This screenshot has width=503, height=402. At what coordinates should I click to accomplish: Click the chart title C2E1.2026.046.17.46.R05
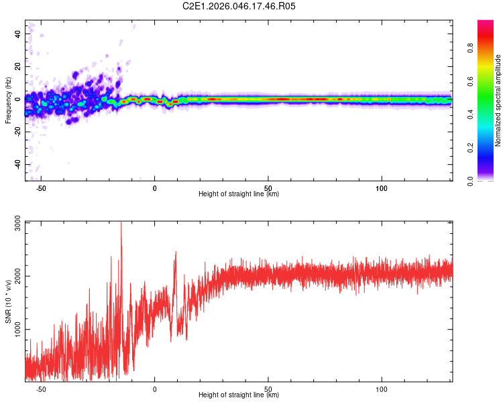pos(239,6)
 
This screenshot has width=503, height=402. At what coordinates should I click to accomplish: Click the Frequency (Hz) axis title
pos(8,100)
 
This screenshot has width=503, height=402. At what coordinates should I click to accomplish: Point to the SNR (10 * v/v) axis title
pos(8,301)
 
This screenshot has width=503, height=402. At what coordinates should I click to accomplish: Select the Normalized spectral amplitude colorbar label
pos(498,100)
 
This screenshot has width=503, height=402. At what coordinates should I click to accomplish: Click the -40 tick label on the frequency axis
pos(18,165)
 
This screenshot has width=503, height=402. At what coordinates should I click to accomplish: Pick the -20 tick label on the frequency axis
pos(18,132)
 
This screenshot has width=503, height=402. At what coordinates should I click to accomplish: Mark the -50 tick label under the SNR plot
pos(41,390)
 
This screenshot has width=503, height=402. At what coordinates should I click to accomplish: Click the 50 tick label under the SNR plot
pos(268,390)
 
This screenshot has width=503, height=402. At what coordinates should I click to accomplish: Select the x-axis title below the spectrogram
pos(239,194)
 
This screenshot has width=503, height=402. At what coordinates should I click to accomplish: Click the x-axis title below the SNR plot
pos(239,395)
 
